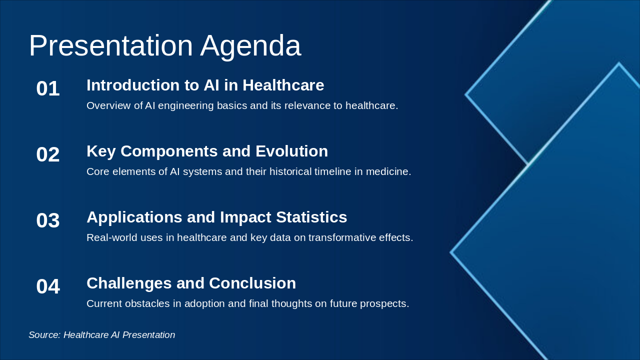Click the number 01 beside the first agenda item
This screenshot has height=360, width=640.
[x=48, y=88]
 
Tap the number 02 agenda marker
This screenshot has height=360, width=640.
[x=48, y=154]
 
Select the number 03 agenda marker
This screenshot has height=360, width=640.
[x=48, y=220]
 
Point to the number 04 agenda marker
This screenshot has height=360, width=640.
[x=48, y=286]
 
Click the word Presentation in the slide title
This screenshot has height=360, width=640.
[x=111, y=45]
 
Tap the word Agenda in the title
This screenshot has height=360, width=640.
[x=250, y=47]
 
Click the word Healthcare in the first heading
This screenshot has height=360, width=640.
[x=283, y=85]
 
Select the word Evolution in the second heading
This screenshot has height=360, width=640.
[x=291, y=151]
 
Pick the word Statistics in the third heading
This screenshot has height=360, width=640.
[x=311, y=217]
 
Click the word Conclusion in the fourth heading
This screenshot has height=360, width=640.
[x=252, y=283]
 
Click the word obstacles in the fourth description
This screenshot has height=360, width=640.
[x=147, y=303]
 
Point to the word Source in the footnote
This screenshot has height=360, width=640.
[x=44, y=335]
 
